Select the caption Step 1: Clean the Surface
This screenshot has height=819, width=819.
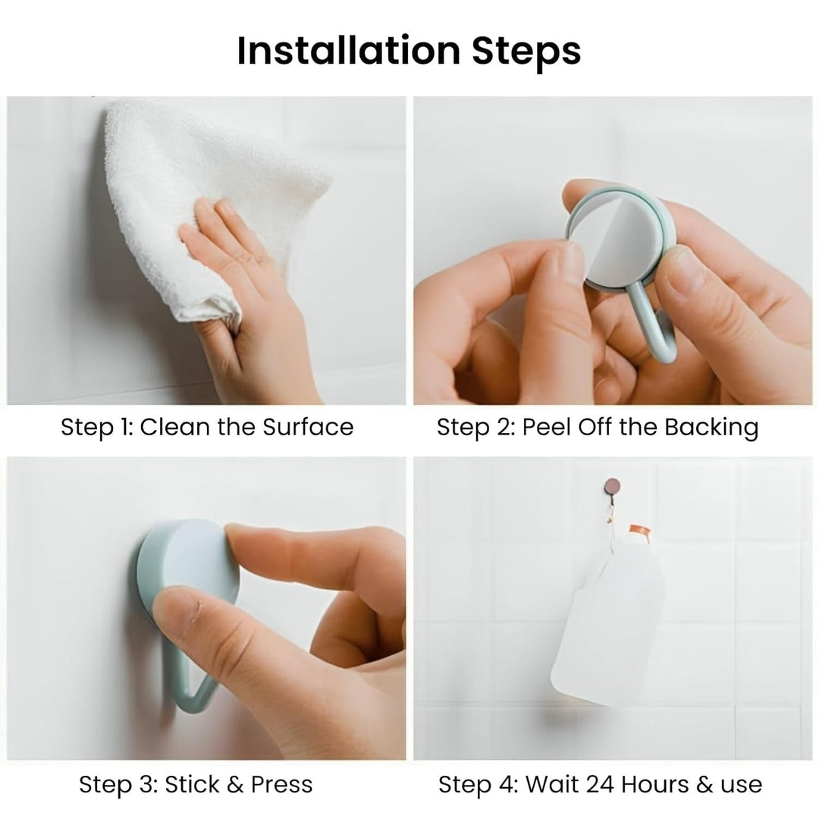click(207, 427)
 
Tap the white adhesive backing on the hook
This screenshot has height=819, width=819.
click(614, 243)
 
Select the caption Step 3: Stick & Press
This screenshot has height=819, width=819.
click(196, 784)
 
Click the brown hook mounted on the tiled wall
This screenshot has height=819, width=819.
click(610, 485)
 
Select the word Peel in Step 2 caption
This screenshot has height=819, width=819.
click(543, 427)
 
